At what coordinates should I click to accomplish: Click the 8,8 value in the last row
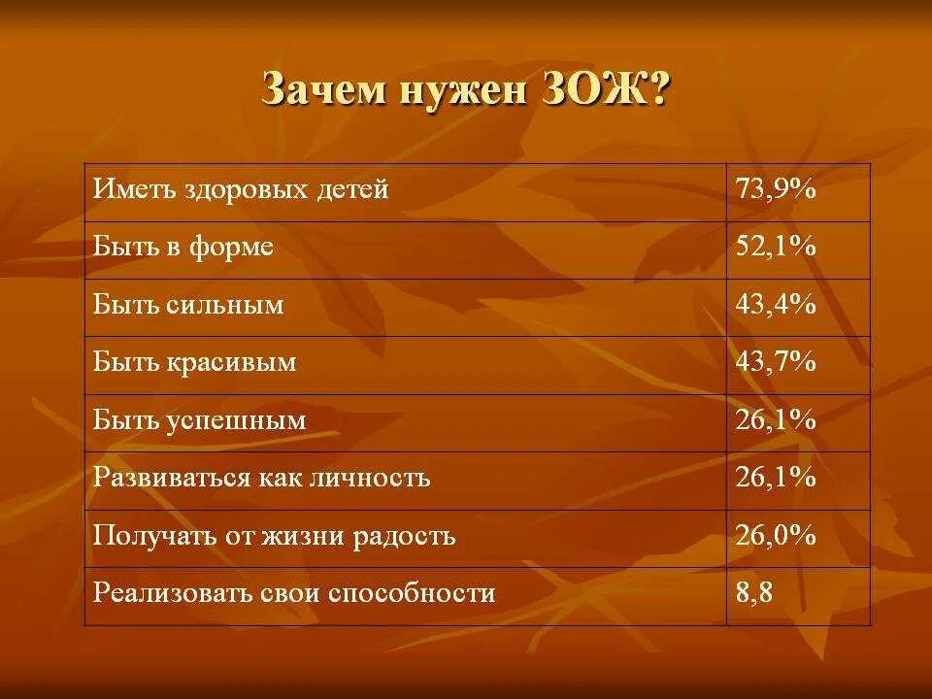[753, 593]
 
